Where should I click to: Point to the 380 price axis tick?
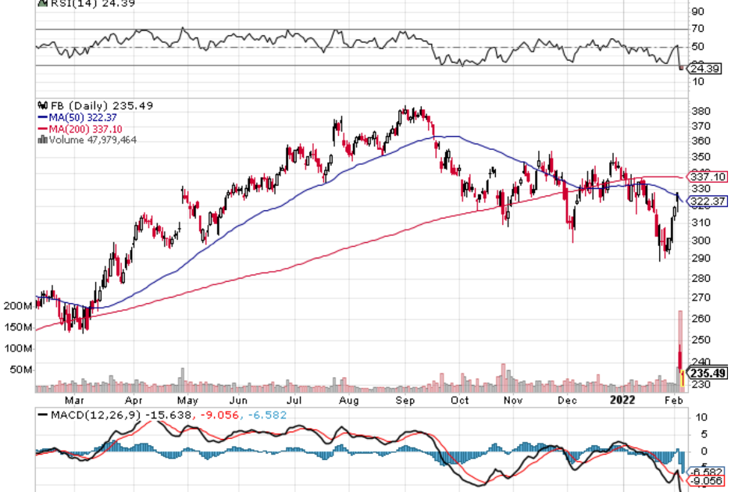pyautogui.click(x=701, y=111)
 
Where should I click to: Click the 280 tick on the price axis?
pyautogui.click(x=701, y=279)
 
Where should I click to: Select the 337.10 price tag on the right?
pyautogui.click(x=707, y=176)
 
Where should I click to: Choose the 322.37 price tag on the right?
pyautogui.click(x=707, y=201)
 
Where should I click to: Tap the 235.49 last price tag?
pyautogui.click(x=708, y=373)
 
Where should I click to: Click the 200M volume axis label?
pyautogui.click(x=18, y=306)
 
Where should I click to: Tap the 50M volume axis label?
pyautogui.click(x=20, y=369)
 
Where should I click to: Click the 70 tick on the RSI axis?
pyautogui.click(x=697, y=30)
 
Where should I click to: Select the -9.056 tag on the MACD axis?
pyautogui.click(x=706, y=482)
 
